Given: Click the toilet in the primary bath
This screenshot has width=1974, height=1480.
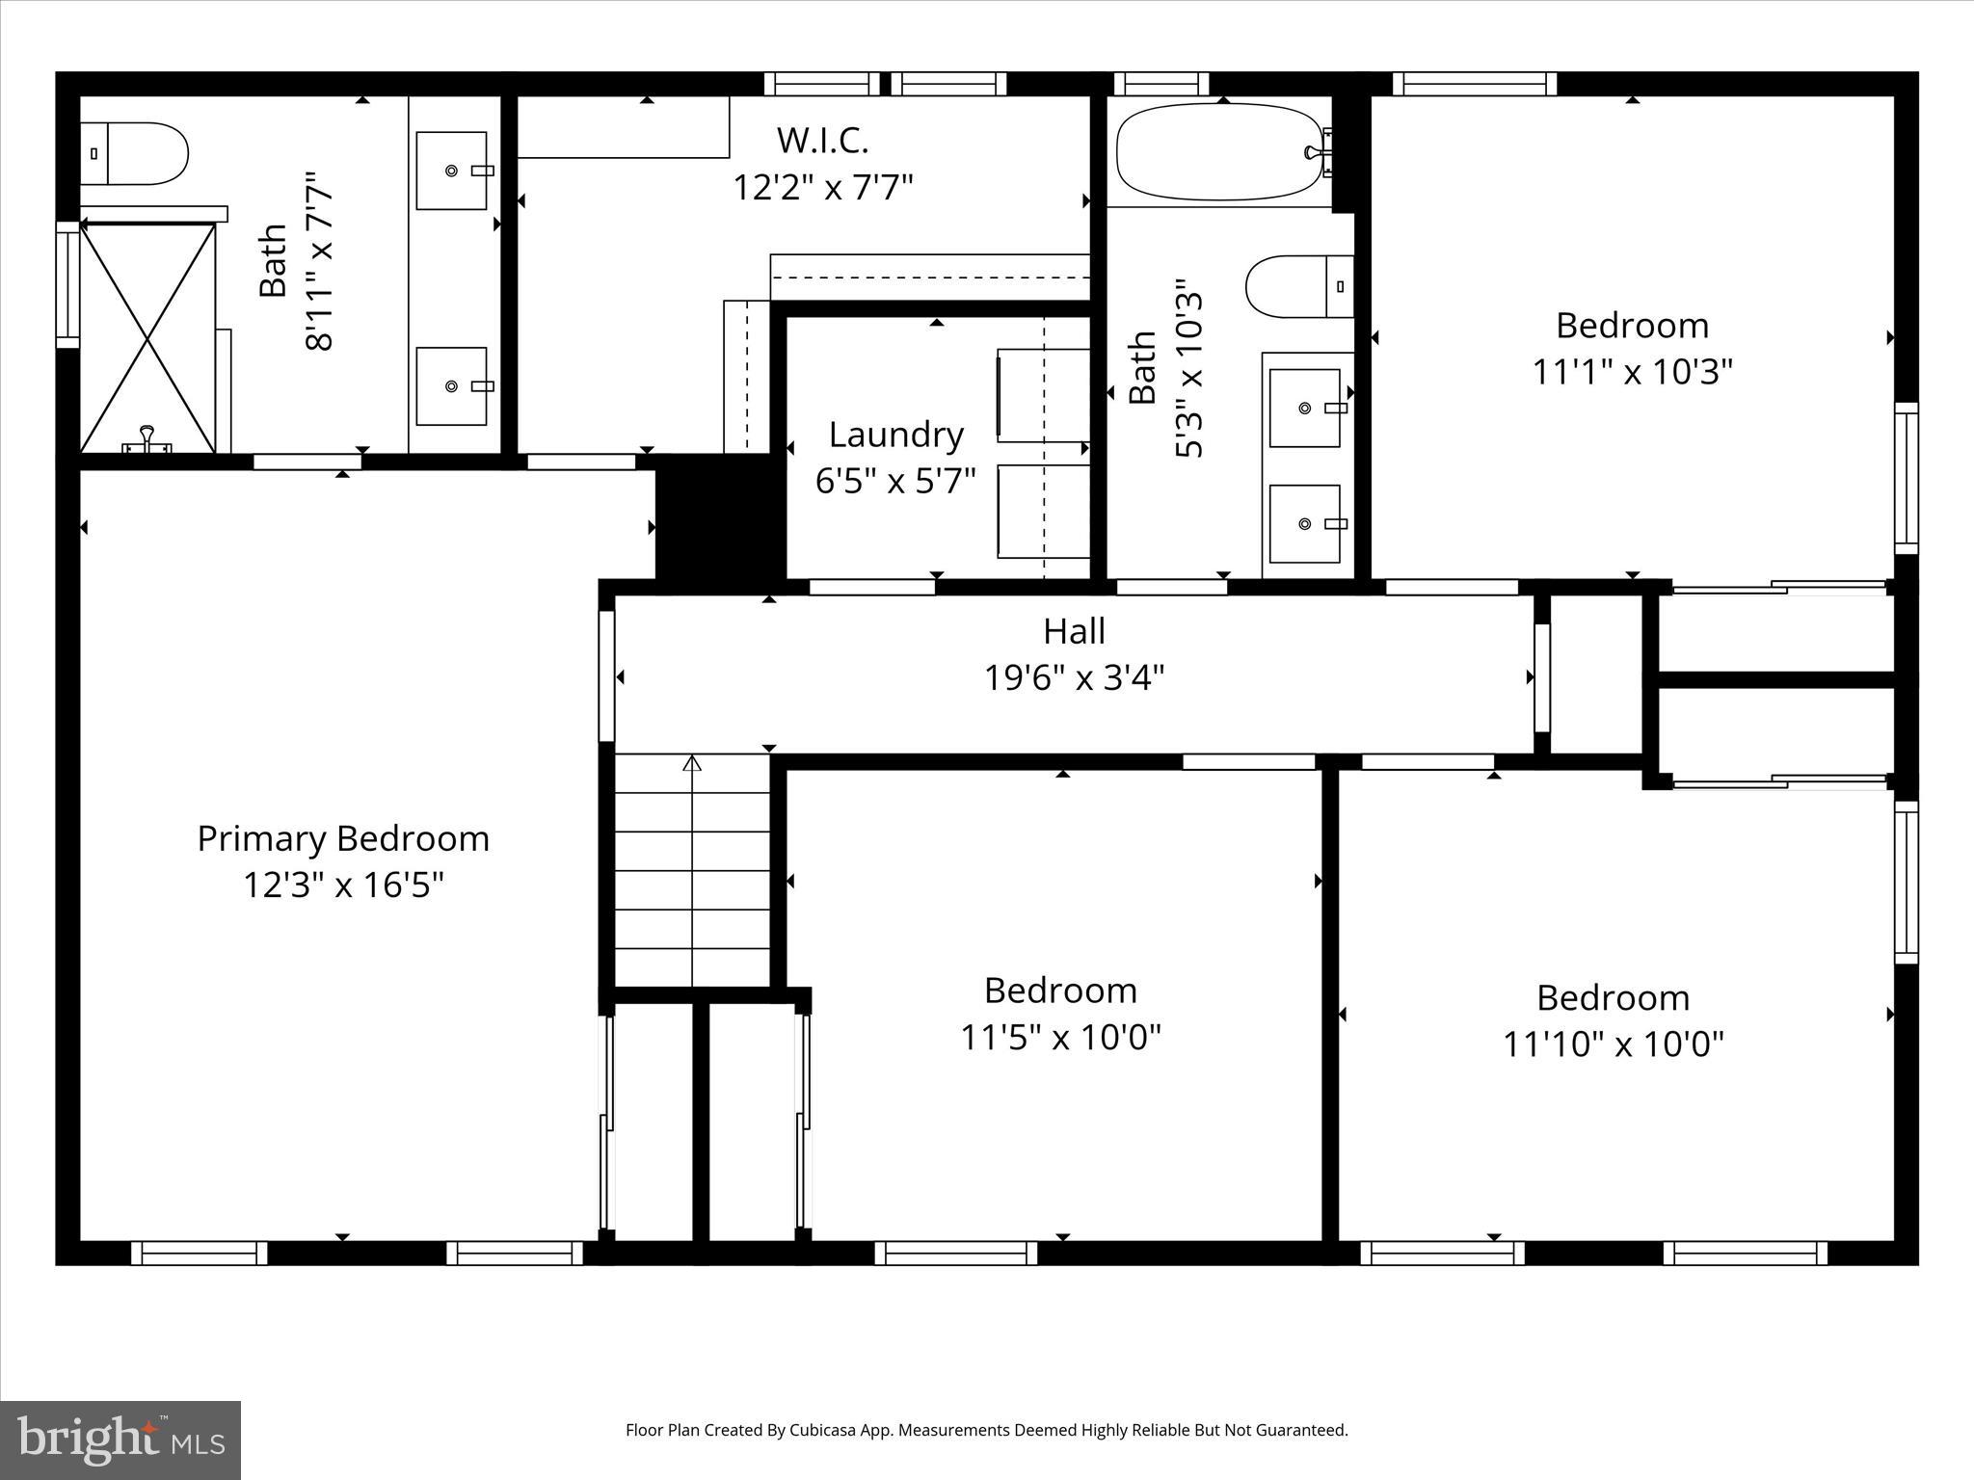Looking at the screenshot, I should click(135, 153).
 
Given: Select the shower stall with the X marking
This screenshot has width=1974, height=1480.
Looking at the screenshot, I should click(147, 337).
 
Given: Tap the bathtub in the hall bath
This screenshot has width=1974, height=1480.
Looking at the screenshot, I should click(1218, 152).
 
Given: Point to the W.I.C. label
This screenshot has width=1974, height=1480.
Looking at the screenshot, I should click(823, 141).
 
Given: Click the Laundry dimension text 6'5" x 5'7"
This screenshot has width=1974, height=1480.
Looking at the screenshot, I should click(895, 480).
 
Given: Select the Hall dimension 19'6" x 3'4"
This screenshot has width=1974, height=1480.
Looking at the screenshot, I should click(1074, 677).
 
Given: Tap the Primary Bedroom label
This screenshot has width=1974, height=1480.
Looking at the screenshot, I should click(343, 838).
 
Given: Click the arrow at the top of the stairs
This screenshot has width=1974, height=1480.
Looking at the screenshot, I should click(692, 764).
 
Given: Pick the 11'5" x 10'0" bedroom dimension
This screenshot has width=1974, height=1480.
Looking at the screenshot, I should click(1060, 1038).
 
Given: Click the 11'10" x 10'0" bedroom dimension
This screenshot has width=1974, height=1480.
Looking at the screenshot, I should click(1613, 1044).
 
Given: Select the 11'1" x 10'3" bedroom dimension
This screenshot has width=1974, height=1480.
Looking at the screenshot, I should click(1633, 371).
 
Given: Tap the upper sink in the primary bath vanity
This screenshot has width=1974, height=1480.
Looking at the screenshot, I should click(451, 171).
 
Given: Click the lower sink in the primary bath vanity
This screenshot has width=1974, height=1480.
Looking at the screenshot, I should click(451, 386).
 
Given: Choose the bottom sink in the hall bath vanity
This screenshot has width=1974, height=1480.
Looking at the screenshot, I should click(1304, 523).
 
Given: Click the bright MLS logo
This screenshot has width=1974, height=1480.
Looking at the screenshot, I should click(120, 1440).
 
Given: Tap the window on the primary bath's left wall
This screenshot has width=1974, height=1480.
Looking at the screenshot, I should click(67, 284).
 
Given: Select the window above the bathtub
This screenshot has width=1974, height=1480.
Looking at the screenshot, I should click(1160, 84).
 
